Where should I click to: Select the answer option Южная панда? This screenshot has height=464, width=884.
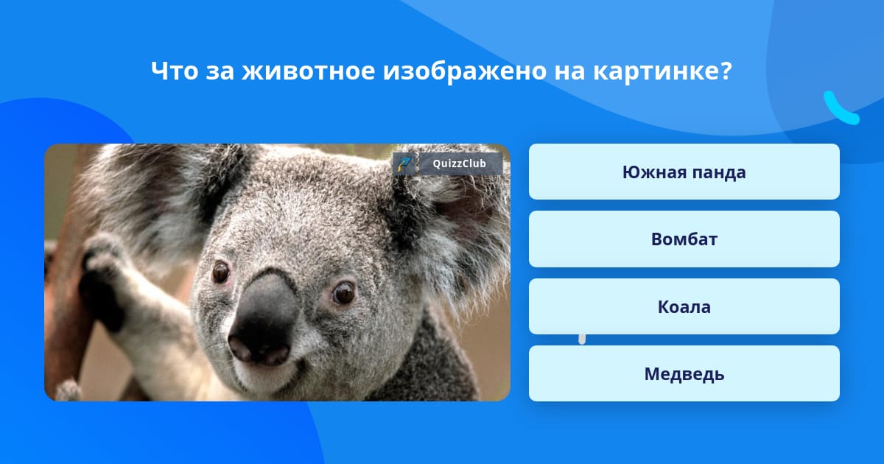(684, 172)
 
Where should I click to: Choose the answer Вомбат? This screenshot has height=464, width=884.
(684, 239)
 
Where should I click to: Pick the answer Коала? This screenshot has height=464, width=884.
(684, 306)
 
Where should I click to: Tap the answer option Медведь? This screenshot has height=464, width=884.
(684, 374)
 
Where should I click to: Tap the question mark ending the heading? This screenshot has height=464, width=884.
(725, 71)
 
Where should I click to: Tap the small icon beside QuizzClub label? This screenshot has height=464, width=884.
(404, 164)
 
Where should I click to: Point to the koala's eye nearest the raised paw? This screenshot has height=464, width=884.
(220, 272)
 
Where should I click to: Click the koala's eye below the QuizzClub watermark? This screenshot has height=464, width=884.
(343, 292)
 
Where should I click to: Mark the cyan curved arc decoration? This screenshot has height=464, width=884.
(840, 109)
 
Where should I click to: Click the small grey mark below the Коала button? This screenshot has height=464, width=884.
(582, 339)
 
